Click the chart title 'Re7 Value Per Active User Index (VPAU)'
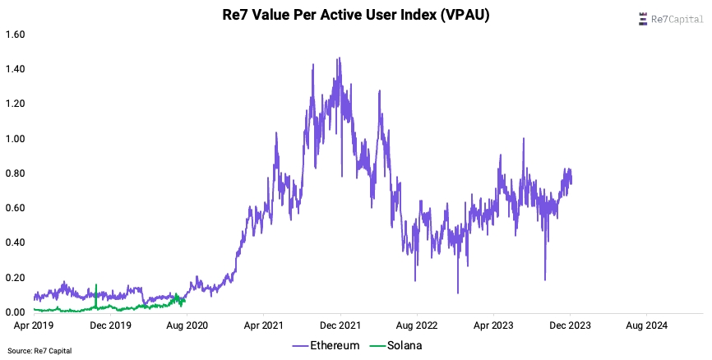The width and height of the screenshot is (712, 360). tap(355, 15)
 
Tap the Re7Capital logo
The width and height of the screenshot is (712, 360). tap(671, 20)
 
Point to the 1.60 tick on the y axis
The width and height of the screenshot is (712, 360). tap(16, 35)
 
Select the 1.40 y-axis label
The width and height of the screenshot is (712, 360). tap(16, 69)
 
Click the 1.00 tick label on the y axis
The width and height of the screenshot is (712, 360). tap(16, 138)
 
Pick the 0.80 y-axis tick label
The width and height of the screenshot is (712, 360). tap(16, 173)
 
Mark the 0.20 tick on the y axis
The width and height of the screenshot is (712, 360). tap(16, 277)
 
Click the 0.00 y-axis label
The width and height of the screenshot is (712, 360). tap(16, 312)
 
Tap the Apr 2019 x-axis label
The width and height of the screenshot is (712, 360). tap(33, 325)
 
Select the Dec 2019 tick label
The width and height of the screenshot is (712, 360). tap(110, 325)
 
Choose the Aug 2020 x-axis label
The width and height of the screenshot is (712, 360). tap(187, 325)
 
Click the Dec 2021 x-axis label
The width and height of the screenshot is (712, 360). tap(340, 325)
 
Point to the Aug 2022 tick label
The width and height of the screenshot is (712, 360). tap(417, 325)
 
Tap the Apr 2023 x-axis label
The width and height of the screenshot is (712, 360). tap(493, 325)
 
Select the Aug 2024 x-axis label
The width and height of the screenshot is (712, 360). tap(646, 325)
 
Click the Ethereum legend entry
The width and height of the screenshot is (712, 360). tap(326, 345)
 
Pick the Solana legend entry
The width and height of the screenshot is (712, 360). tap(396, 345)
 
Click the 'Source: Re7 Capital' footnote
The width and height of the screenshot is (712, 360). tap(39, 351)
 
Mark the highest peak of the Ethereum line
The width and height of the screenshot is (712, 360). tap(339, 58)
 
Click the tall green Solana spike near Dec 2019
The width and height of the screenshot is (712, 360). tap(96, 296)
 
